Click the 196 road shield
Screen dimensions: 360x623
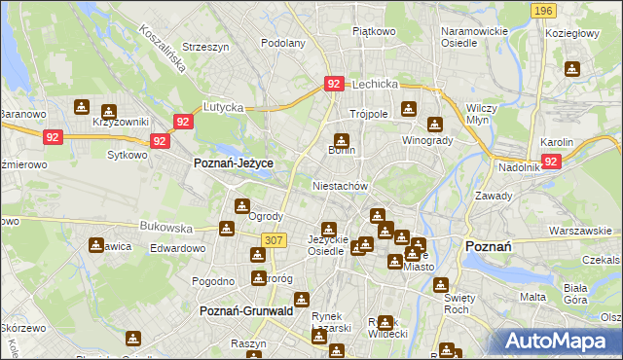tap(544, 11)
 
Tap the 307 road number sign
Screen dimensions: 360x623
tap(274, 240)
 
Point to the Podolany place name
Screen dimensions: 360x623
tap(283, 43)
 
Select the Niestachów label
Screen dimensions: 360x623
tap(340, 185)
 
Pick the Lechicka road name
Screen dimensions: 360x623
tap(376, 85)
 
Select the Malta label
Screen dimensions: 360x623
tap(532, 297)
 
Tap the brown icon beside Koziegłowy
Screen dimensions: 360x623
tap(571, 69)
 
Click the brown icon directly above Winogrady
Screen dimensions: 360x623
tap(435, 124)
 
